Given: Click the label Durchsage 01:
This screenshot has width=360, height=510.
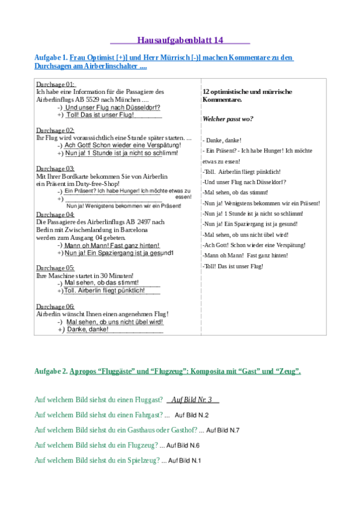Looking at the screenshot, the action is tap(55, 85).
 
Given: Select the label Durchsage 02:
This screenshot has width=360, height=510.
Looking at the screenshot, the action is tap(55, 131).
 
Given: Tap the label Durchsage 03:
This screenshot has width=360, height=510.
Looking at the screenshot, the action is tap(55, 168).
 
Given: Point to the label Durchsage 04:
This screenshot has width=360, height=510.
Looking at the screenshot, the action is tap(55, 215).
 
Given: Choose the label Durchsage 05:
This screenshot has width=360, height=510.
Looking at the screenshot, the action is tap(55, 268).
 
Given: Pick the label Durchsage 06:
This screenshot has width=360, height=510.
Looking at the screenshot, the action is tap(55, 306).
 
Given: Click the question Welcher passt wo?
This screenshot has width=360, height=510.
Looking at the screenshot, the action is tap(228, 118).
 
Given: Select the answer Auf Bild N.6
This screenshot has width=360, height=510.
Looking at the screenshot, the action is tap(180, 446).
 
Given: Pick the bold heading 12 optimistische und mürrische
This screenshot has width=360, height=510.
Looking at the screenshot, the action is tap(248, 91).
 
